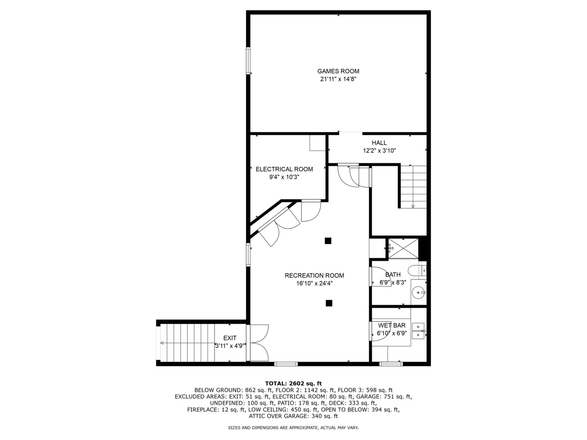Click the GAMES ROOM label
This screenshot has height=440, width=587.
338,71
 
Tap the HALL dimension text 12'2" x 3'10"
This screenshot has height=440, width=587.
379,150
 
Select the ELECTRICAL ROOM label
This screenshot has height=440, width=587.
284,169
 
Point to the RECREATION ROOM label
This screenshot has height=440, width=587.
314,276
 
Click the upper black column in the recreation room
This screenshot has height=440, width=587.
328,241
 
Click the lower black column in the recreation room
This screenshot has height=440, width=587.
329,303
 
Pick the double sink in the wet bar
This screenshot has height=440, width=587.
418,331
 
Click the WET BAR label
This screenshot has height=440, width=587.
392,325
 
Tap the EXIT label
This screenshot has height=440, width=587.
230,338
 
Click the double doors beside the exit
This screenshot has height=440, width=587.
259,343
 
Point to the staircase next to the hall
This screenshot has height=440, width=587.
413,187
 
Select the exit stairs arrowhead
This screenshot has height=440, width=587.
162,343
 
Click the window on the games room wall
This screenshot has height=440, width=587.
248,61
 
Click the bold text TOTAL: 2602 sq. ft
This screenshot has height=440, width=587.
293,383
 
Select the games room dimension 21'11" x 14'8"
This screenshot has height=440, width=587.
338,79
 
